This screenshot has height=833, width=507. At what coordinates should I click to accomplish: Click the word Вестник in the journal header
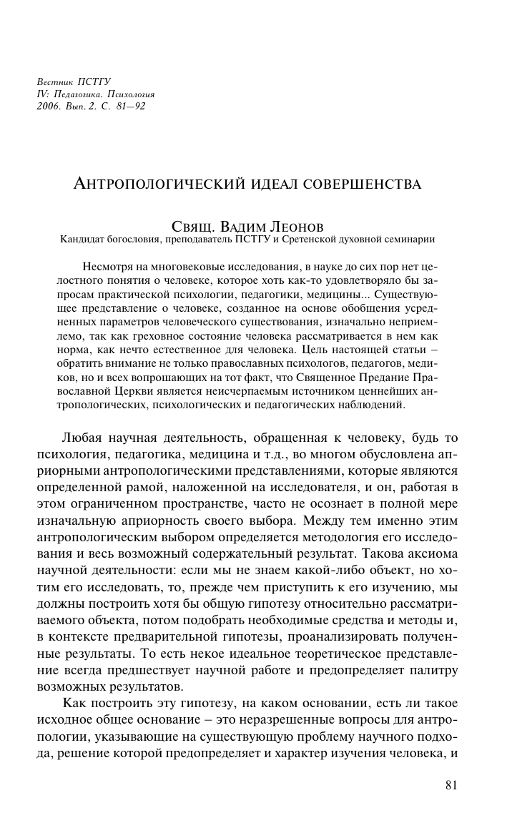click(51, 82)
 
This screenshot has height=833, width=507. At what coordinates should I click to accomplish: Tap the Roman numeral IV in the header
click(41, 94)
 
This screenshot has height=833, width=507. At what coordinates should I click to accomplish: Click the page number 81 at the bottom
click(451, 785)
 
